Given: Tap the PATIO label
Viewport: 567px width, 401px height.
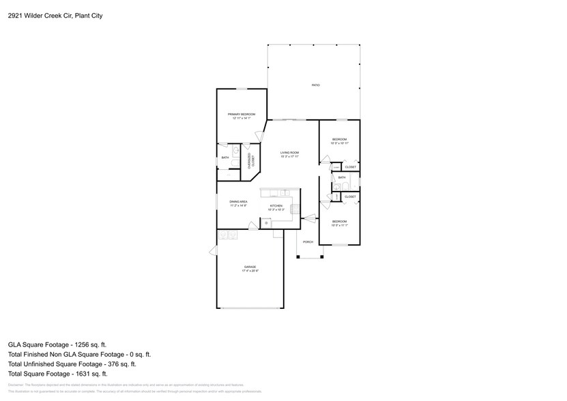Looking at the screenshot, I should coord(315,85).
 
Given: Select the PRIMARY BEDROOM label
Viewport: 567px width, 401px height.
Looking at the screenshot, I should coord(242,114).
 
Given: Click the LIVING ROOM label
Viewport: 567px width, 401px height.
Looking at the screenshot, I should coord(290,153).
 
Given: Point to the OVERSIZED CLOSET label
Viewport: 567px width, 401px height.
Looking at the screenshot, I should coord(251,161).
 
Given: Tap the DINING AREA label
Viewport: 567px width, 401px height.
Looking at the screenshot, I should coord(238,202).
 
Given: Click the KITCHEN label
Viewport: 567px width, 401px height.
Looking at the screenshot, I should coord(276,205).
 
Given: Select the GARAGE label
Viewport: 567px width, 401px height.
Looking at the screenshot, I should coord(250,267).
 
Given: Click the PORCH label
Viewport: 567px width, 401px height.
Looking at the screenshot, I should coord(308,242).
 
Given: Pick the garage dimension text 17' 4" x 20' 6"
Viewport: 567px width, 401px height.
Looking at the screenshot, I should coord(250,271).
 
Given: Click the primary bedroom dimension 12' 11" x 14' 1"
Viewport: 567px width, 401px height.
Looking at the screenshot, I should coord(242,119).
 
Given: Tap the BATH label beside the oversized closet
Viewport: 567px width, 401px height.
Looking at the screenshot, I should coord(225,158).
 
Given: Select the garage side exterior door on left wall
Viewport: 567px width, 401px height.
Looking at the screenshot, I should coord(213,252).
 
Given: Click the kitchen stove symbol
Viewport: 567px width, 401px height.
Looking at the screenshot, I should coord(295,209).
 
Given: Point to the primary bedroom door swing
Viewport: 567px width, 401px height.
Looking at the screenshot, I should coord(258,136).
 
